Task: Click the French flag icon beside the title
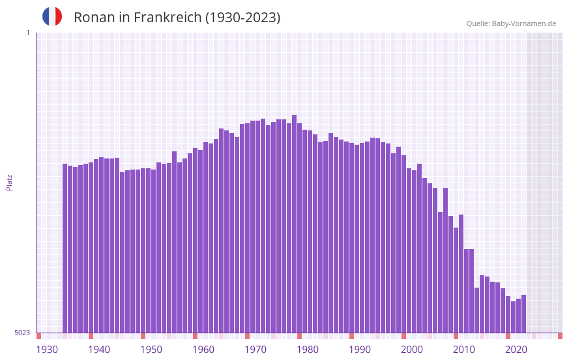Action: [52, 17]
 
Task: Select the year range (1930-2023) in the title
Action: [242, 18]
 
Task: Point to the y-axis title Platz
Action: [9, 182]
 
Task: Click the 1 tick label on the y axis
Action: [27, 33]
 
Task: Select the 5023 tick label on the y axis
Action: [22, 333]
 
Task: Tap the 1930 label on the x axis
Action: [47, 350]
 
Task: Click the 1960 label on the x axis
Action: [203, 350]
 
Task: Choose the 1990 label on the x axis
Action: [360, 350]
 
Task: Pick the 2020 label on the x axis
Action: [516, 350]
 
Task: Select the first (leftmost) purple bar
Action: [65, 248]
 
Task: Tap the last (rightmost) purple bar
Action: [523, 314]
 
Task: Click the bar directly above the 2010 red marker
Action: [456, 280]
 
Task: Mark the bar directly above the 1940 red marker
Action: [91, 247]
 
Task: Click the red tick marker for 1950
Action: [143, 336]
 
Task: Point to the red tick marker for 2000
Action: [404, 336]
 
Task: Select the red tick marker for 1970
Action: [248, 336]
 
